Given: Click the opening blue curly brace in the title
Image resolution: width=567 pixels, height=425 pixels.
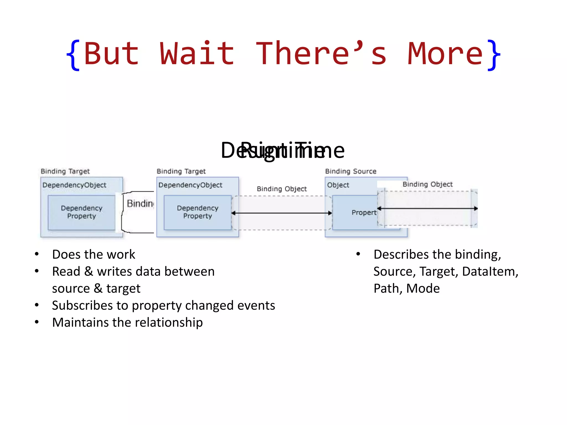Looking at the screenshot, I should tap(73, 55).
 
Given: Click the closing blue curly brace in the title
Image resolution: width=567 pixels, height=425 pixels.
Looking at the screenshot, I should tap(494, 55).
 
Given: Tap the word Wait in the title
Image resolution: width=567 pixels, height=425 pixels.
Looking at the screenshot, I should tap(197, 54).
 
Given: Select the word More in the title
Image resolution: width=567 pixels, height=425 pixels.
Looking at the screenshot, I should tap(445, 54).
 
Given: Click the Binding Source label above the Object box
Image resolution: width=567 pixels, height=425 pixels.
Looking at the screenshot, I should tap(350, 171).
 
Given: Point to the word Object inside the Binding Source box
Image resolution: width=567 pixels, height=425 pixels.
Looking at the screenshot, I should tap(338, 185).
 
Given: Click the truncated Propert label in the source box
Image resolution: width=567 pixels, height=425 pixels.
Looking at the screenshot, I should tap(364, 212).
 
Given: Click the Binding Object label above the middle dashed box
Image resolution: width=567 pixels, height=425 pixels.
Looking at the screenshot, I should tap(282, 189).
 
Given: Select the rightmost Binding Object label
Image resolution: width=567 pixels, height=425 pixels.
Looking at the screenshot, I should tap(427, 184).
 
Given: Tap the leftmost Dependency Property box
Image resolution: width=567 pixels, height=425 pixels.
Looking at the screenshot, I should tap(81, 212).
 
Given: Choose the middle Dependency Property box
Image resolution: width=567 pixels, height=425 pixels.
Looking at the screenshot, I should tap(197, 212).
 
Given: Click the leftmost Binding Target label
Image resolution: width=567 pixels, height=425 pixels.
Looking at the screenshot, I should tap(65, 171).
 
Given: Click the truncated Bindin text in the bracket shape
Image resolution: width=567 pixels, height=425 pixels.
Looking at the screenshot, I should tap(140, 204).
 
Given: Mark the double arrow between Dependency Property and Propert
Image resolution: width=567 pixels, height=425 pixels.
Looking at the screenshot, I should tap(282, 213).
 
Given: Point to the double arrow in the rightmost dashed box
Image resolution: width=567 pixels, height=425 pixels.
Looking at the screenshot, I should tap(427, 208).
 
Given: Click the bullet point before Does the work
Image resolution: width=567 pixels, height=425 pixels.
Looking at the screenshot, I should tap(37, 254).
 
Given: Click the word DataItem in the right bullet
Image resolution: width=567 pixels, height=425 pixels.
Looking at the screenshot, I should tap(490, 271).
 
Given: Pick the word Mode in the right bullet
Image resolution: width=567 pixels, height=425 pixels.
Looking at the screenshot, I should tap(423, 288).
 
